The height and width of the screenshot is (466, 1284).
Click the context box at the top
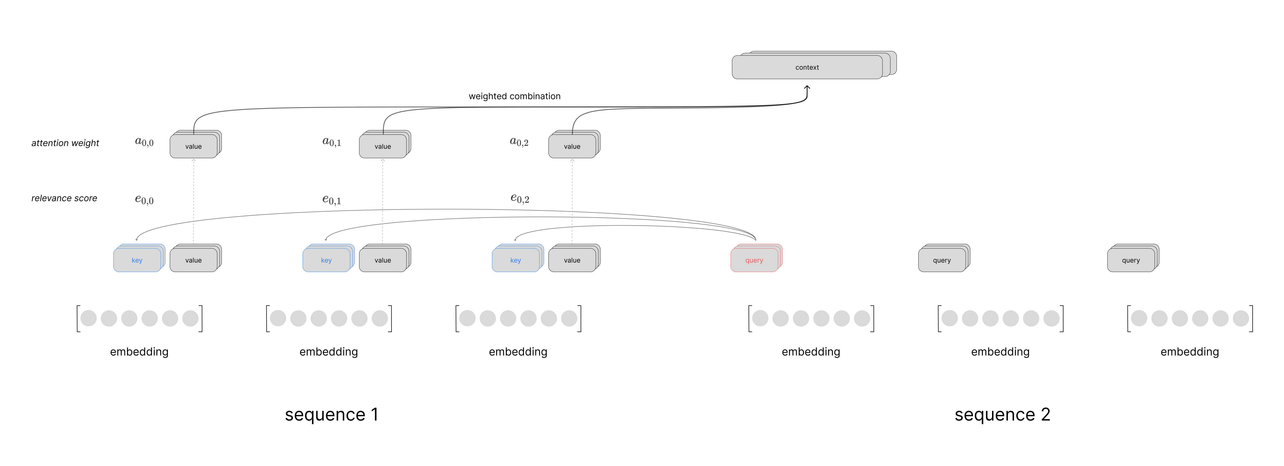(x=807, y=67)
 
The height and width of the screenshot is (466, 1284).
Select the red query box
(x=754, y=260)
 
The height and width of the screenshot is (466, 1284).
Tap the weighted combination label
(x=514, y=96)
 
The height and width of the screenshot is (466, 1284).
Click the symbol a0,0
(x=144, y=142)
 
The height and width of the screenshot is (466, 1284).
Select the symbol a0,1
(x=332, y=142)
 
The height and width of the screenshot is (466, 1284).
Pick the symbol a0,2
(x=519, y=142)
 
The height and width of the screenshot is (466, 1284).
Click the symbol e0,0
(x=144, y=200)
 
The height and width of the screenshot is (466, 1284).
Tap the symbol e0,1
(x=332, y=200)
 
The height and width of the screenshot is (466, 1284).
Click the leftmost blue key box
(x=137, y=260)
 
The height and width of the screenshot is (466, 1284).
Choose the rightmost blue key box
(x=515, y=260)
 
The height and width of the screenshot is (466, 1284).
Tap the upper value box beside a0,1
(x=383, y=146)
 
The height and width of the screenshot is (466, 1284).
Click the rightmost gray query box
(x=1131, y=260)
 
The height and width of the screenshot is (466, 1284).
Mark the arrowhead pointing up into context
(x=807, y=88)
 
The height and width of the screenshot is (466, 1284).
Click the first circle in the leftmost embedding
(x=89, y=318)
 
